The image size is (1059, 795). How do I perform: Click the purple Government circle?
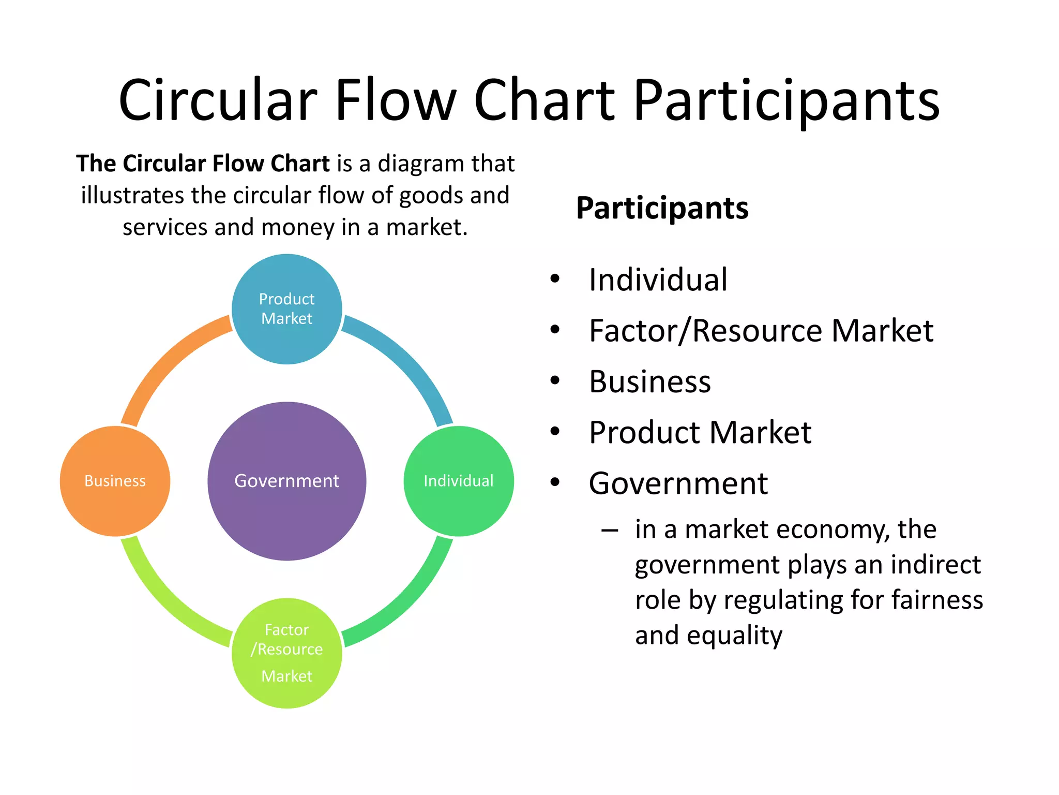point(286,481)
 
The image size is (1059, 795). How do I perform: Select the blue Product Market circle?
point(286,309)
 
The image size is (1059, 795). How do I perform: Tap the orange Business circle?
point(115,481)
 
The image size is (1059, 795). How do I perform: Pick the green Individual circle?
point(458,481)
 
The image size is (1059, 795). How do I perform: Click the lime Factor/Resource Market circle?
point(286,653)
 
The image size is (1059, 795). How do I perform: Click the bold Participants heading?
point(662,208)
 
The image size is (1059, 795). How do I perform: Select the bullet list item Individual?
point(658,280)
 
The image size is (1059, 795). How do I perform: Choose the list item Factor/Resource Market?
point(761,331)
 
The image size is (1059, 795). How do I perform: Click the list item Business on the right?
point(649,381)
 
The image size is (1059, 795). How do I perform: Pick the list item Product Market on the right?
point(700,432)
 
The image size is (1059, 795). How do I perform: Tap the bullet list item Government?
point(678,483)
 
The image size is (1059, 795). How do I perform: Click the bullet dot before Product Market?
point(555,432)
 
